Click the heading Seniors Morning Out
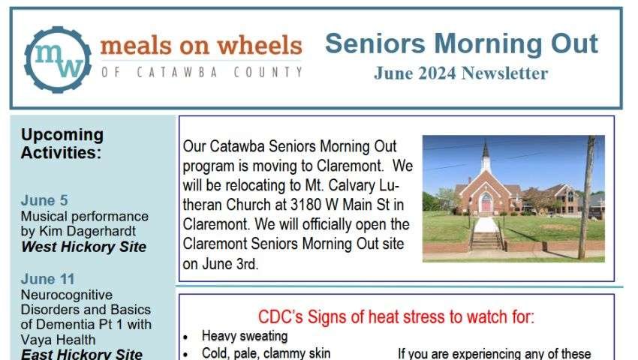(x=461, y=43)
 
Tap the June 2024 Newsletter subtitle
(x=461, y=73)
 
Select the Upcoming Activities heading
(x=62, y=143)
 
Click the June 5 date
(x=44, y=200)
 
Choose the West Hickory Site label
(x=83, y=247)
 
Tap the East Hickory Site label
(x=82, y=354)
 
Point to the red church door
(x=486, y=203)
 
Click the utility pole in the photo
(x=586, y=199)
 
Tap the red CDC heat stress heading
(x=396, y=316)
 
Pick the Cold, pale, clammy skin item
(x=266, y=352)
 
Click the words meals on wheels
(x=200, y=46)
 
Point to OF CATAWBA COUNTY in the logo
(x=200, y=73)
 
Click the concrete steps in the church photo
(x=486, y=240)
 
